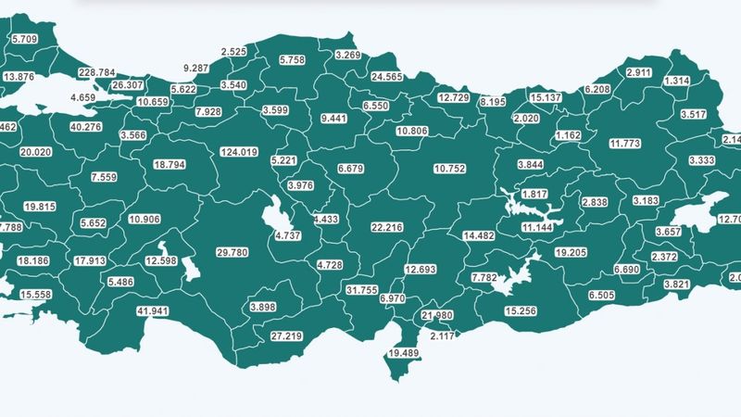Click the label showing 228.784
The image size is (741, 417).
click(x=97, y=71)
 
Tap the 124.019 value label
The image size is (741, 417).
click(x=239, y=151)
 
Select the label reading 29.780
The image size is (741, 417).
click(x=232, y=253)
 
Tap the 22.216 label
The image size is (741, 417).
click(x=386, y=226)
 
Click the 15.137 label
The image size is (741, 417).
click(x=546, y=97)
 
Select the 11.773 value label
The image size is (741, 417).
click(x=625, y=144)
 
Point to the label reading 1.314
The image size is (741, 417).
click(x=677, y=82)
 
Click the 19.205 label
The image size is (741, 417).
click(x=572, y=252)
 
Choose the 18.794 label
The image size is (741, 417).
click(x=170, y=164)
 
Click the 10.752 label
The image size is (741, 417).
click(x=451, y=168)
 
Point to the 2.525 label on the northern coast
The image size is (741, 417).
click(x=234, y=51)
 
